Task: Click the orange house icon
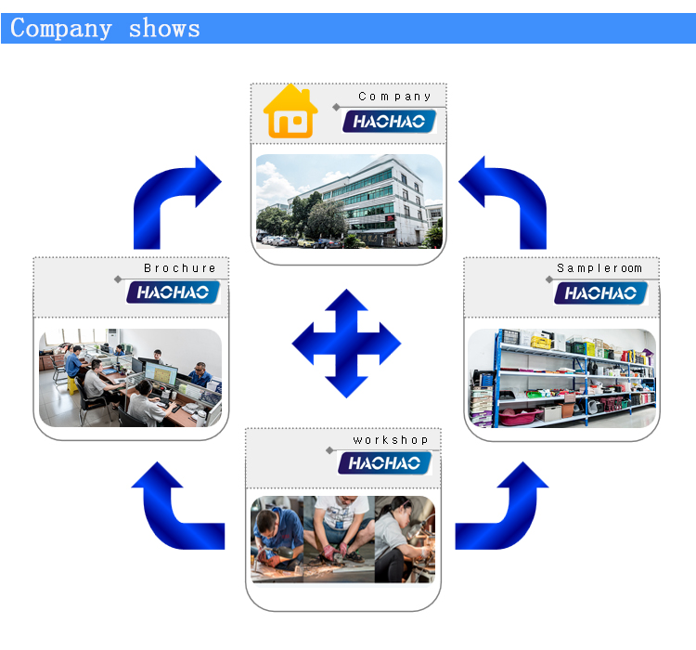point(290,112)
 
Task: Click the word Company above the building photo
point(394,97)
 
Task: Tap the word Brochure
point(180,268)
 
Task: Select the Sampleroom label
point(599,268)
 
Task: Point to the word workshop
point(390,439)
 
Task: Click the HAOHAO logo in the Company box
point(390,122)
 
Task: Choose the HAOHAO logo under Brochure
point(173,293)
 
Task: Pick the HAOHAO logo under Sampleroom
point(601,293)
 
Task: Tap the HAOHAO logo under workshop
point(385,462)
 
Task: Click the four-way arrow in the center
point(346,344)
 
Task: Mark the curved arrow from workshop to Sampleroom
point(506,506)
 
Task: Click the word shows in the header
point(164,28)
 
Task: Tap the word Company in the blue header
point(61,28)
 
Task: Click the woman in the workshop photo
point(405,539)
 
